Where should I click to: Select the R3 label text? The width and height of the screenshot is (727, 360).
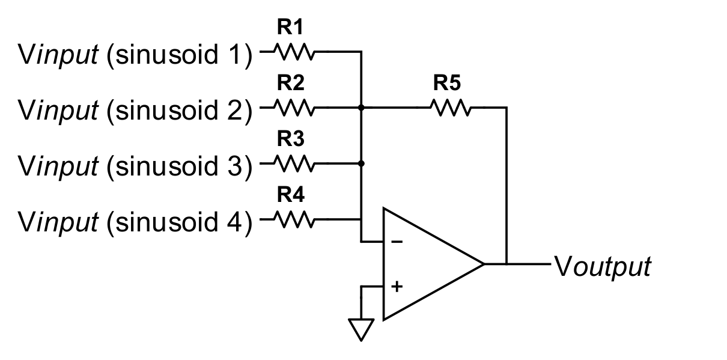coord(290,139)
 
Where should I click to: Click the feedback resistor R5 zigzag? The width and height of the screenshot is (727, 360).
coord(449,108)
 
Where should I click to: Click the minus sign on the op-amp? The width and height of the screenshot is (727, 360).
coord(397,242)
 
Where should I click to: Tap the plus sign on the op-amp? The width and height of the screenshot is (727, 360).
coord(397,286)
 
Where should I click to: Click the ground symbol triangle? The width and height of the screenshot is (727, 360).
coord(362,328)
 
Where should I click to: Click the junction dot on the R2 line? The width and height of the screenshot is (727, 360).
coord(362,108)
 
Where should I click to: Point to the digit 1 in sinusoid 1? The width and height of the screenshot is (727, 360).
coord(236,55)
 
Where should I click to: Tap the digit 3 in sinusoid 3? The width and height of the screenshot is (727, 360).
coord(236,165)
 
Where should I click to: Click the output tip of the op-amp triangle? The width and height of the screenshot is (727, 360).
coord(483,263)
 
